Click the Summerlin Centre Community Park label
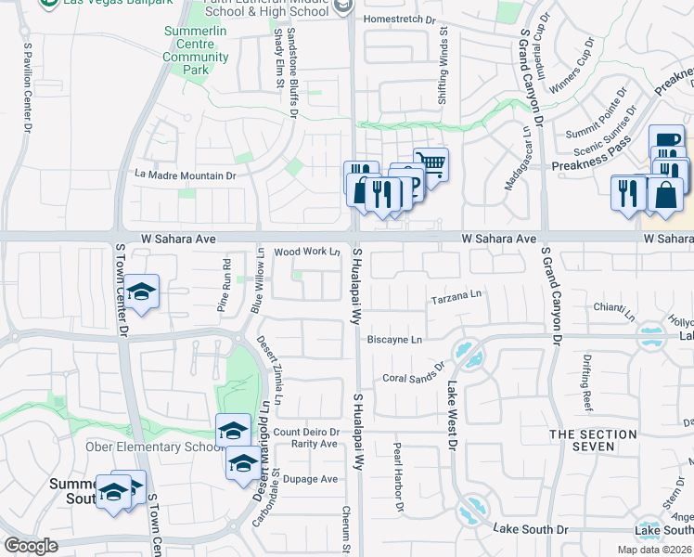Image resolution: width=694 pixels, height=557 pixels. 196,57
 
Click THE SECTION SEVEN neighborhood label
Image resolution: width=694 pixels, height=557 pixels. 595,440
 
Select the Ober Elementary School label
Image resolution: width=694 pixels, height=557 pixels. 152,447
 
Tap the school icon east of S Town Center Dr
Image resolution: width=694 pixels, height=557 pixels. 143,291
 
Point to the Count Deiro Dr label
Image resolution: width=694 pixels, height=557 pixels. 305,432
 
